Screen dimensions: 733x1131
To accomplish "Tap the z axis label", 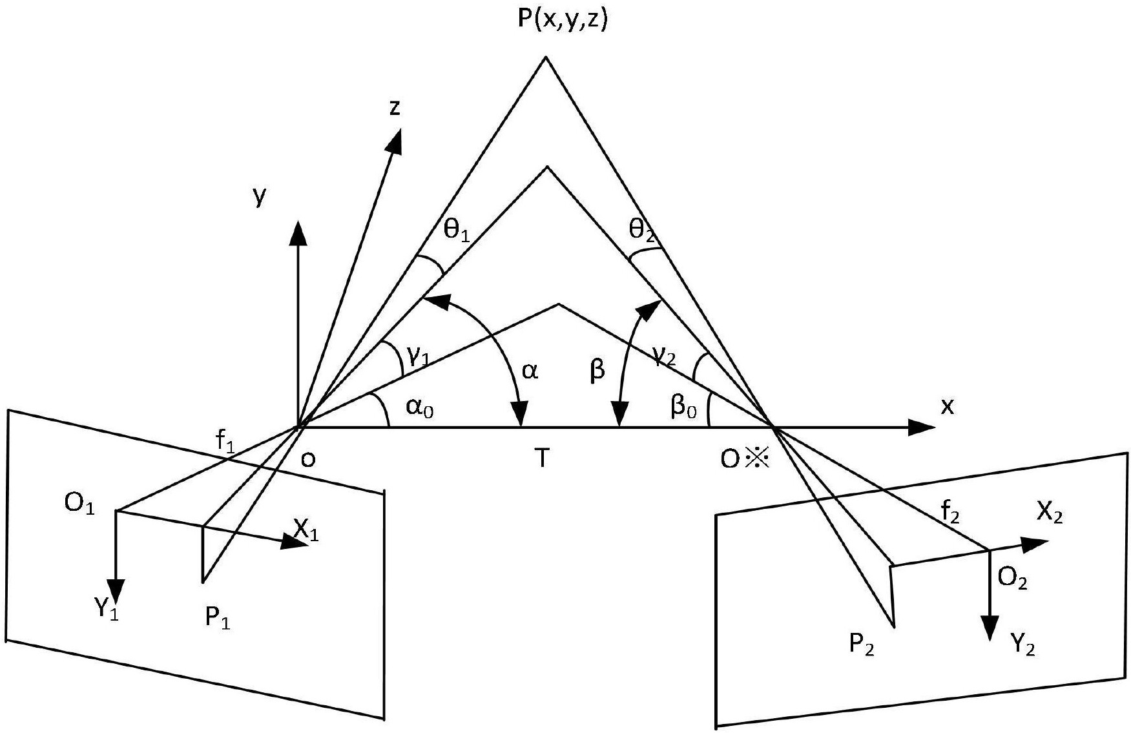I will pos(395,107).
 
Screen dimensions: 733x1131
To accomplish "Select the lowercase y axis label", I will pos(259,196).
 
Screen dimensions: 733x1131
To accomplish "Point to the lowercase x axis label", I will pos(947,406).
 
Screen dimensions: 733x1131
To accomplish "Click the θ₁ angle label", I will pos(456,230).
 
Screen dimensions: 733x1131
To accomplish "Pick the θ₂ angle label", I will pos(642,230).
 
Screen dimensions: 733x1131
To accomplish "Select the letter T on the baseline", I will pos(543,458).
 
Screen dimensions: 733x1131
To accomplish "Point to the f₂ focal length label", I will pos(950,513).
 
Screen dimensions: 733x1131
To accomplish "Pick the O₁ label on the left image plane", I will pos(79,504).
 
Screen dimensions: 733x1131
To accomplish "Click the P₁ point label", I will pos(218,618).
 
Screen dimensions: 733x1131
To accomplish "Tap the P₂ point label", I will pos(862,645).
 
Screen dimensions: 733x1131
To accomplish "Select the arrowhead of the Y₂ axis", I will pos(989,627).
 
